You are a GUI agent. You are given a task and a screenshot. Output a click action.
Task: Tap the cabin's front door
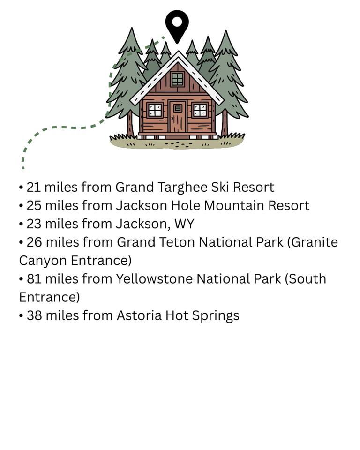(178, 117)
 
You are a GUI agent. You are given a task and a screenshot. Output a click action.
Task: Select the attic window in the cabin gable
(177, 79)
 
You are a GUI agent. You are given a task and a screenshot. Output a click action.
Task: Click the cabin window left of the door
(155, 110)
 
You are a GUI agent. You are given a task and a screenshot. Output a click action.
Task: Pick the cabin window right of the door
(200, 110)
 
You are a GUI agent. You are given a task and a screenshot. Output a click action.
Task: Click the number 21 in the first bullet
(34, 187)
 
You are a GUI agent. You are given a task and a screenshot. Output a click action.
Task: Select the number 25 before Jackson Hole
(34, 205)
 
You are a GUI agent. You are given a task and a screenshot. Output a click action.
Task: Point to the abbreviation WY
(184, 224)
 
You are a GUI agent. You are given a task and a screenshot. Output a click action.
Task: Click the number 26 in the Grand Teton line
(34, 242)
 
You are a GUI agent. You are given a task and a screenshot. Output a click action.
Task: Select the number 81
(34, 279)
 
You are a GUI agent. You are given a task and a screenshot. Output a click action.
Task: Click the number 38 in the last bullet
(34, 315)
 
